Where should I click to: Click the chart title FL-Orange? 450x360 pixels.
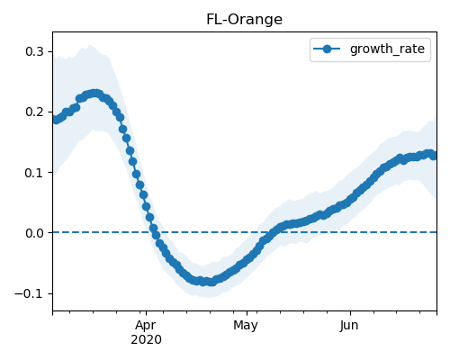tap(244, 20)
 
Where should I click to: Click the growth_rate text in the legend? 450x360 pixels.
tap(387, 49)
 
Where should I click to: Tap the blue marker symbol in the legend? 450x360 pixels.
tap(327, 49)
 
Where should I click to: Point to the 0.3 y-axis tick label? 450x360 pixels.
tap(35, 51)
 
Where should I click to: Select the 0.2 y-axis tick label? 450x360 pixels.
tap(35, 112)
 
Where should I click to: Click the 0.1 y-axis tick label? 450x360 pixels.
tap(35, 173)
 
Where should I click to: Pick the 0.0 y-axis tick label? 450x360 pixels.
tap(35, 233)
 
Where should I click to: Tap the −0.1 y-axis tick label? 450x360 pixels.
tap(30, 293)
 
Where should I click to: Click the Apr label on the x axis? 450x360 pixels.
tap(146, 326)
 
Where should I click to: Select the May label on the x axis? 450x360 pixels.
tap(246, 326)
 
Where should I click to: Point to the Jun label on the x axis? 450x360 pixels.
tap(349, 326)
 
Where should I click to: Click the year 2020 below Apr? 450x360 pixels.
tap(146, 340)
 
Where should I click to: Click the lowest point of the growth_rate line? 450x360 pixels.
tap(211, 282)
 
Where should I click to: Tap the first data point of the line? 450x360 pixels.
tap(55, 120)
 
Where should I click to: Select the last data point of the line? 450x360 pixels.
tap(433, 156)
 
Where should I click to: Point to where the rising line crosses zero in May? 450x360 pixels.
tap(273, 232)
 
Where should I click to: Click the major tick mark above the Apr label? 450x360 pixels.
tap(146, 313)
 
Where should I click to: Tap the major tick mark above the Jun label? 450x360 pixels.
tap(350, 313)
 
